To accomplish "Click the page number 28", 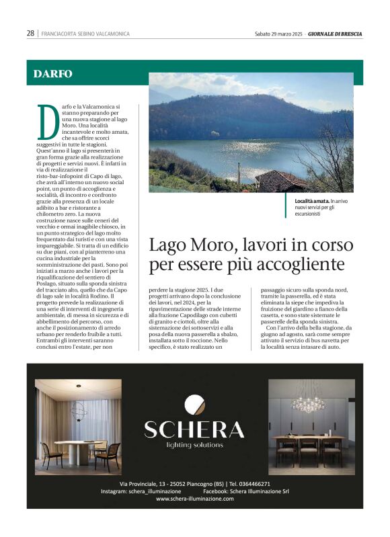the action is coord(31,33).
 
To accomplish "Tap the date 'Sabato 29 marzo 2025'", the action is coord(279,33).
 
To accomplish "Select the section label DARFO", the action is coord(52,73).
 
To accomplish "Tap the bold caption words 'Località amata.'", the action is coord(311,201).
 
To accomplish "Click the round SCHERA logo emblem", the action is coord(195,407).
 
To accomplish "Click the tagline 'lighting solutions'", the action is coord(194,445).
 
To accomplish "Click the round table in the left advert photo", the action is coord(75,444).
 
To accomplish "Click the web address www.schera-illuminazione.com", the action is coord(194,499).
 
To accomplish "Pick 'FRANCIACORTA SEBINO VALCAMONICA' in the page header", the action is coord(85,33).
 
